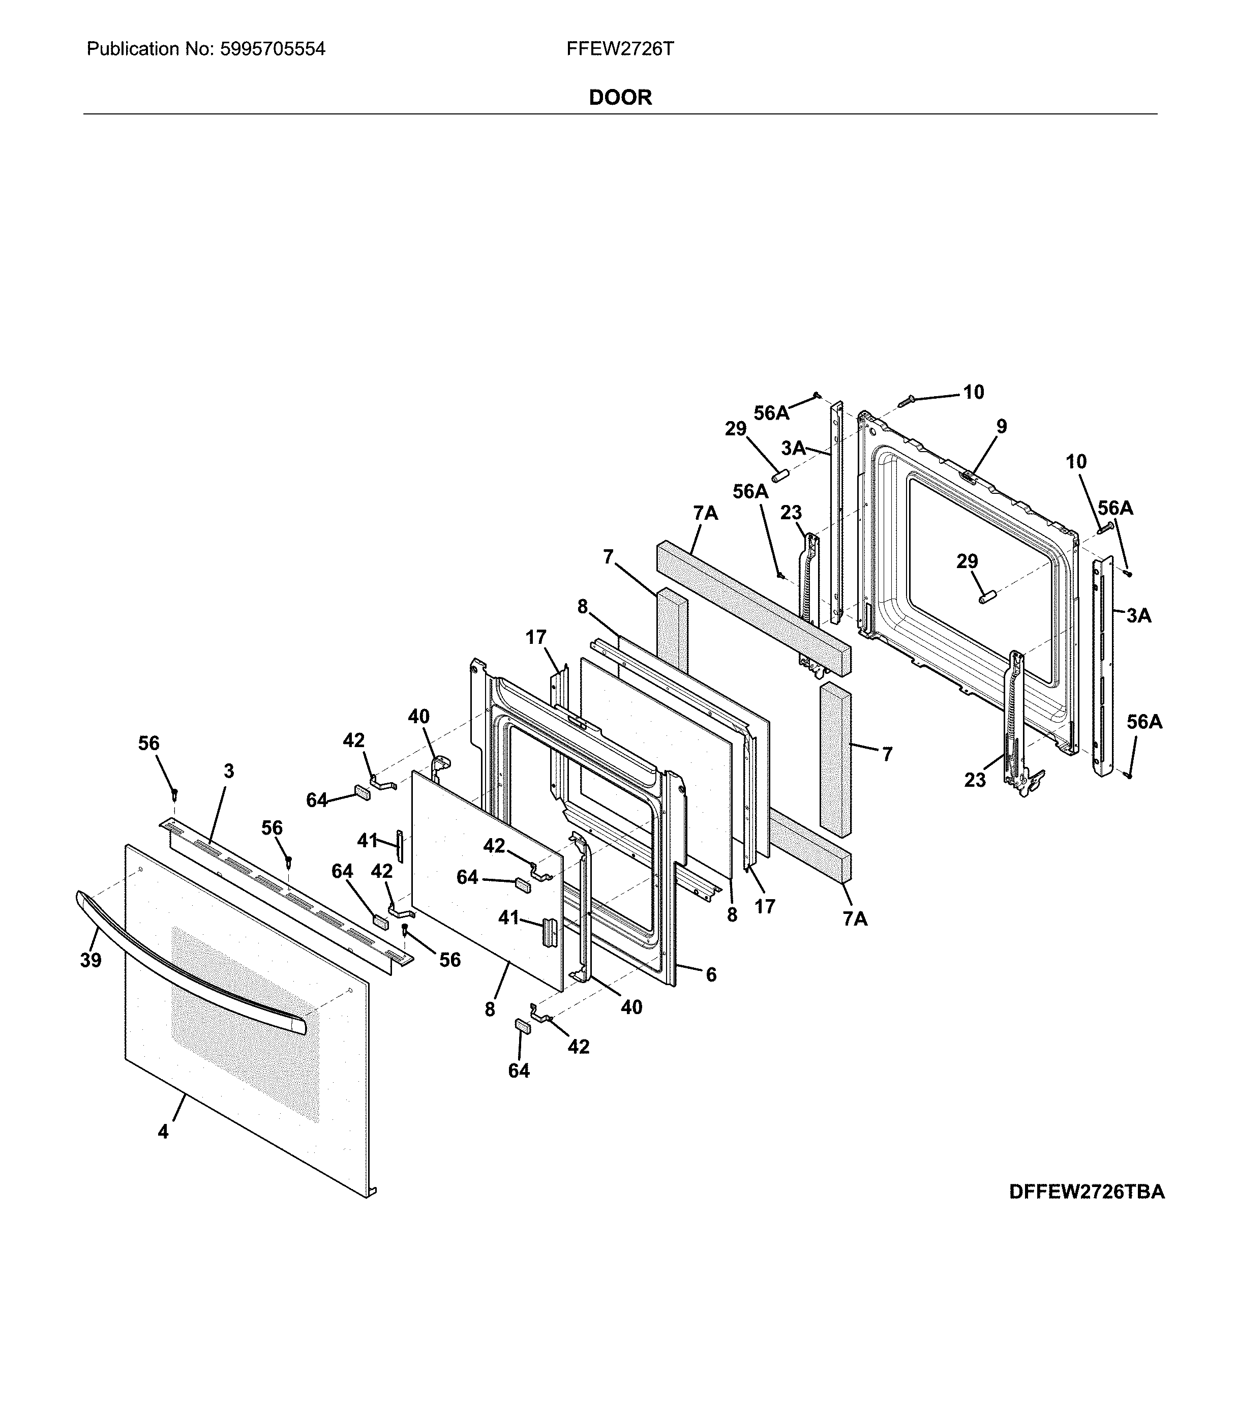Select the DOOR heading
pos(620,97)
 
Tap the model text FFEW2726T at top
pos(620,49)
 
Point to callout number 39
pos(91,960)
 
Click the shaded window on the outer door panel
pos(245,1021)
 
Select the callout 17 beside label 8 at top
pos(536,637)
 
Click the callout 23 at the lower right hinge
pos(975,780)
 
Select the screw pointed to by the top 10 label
pos(905,400)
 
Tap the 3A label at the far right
pos(1139,615)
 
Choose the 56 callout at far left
pos(149,743)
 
